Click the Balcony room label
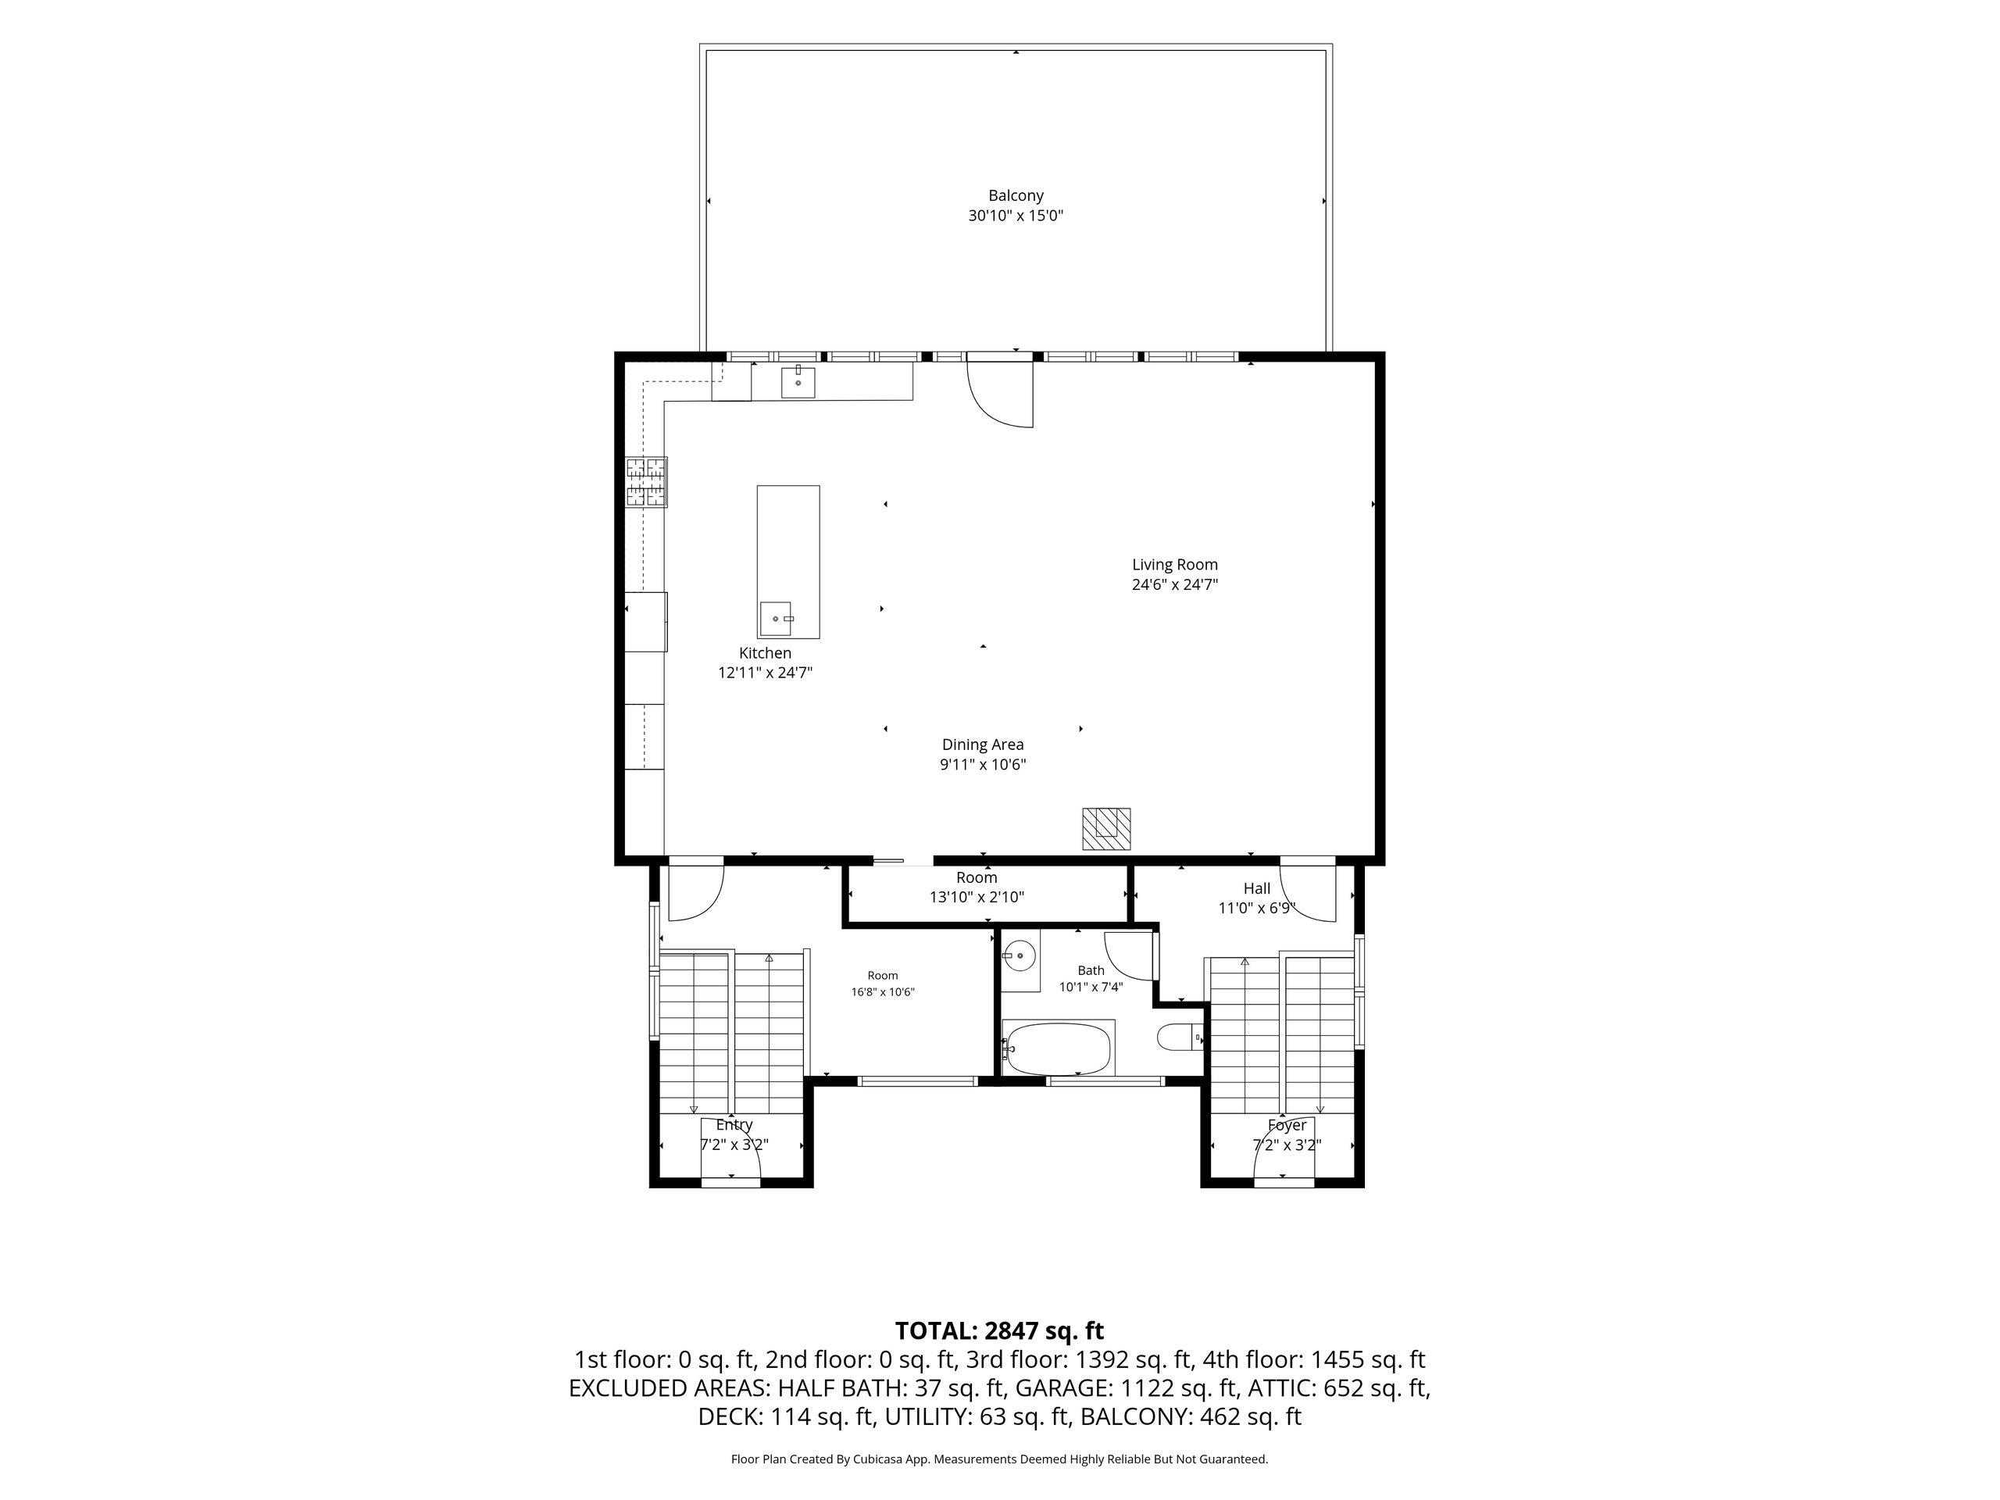tap(1016, 195)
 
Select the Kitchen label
tap(765, 653)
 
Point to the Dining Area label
tap(983, 744)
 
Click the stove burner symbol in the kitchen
tap(646, 481)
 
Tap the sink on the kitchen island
tap(776, 619)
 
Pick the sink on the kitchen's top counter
tap(798, 383)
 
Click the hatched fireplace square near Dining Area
tap(1107, 829)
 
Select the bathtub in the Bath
tap(1058, 1048)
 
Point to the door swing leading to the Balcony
tap(1000, 392)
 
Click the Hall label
tap(1257, 889)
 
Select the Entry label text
tap(734, 1125)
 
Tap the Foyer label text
tap(1287, 1125)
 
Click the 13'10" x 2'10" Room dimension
tap(977, 897)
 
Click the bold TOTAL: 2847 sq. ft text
tap(999, 1331)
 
